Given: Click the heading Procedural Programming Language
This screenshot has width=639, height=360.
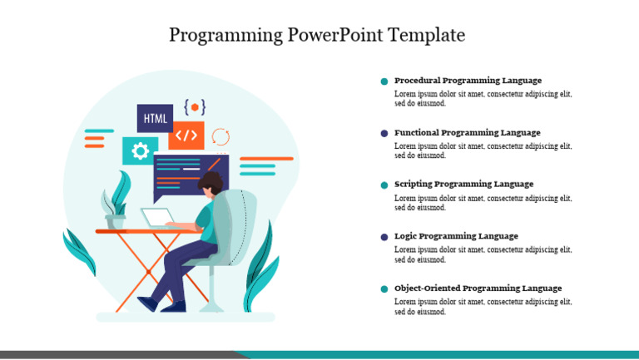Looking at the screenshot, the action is coord(468,81).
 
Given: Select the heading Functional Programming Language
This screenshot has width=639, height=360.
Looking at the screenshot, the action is coord(467,133).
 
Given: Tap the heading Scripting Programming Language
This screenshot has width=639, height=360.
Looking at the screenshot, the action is coord(463,185).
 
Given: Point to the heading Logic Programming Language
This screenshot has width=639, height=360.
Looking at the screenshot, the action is coord(456,236).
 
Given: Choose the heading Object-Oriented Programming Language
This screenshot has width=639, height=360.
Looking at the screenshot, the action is coord(478,288).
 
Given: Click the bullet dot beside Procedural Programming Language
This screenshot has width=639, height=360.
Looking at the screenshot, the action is coord(384,81).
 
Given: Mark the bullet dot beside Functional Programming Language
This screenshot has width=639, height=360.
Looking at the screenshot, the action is coord(384,133).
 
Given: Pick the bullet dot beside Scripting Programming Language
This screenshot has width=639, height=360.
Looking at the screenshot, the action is coord(384,185).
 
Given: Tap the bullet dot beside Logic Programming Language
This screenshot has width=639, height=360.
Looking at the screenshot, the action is coord(384,237).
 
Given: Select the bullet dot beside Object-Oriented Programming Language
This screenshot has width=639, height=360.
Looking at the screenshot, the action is coord(384,288).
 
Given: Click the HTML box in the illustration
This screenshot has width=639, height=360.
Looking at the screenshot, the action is coord(155,118).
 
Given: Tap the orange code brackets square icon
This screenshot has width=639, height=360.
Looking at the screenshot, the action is coord(186,135).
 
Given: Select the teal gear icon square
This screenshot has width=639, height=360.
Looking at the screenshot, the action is coord(140,150).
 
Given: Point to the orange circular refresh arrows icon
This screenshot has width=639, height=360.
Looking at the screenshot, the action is coord(220,136).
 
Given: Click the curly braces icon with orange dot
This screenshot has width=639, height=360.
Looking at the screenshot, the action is coord(195,106).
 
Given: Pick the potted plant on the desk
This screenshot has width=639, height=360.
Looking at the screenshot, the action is coord(115,207).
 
